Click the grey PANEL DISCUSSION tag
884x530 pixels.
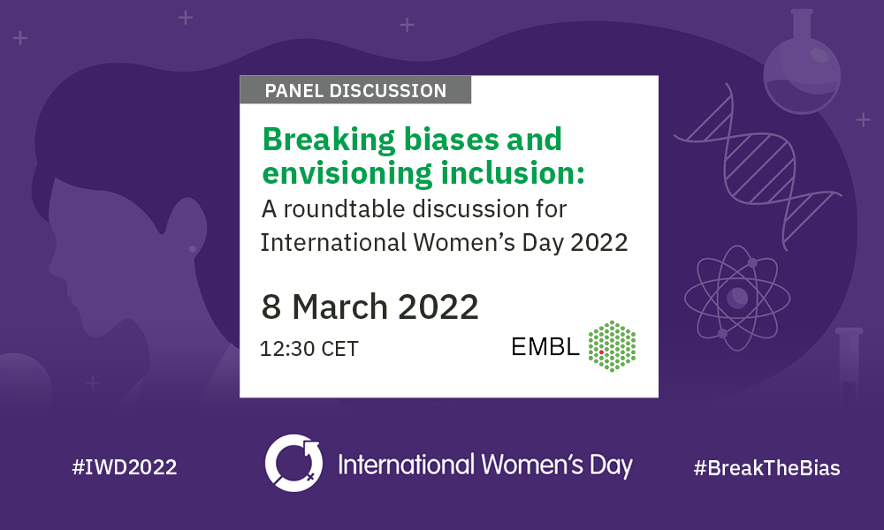[x=355, y=90]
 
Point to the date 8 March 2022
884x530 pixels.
[x=370, y=307]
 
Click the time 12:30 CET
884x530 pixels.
[x=309, y=349]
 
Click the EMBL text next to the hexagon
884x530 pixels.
[x=545, y=347]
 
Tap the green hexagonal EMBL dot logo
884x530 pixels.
[x=613, y=345]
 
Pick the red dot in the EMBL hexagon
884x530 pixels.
[x=601, y=352]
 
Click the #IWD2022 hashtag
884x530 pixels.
[x=124, y=467]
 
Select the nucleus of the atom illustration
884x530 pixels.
[x=735, y=298]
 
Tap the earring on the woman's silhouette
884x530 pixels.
[x=193, y=249]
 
